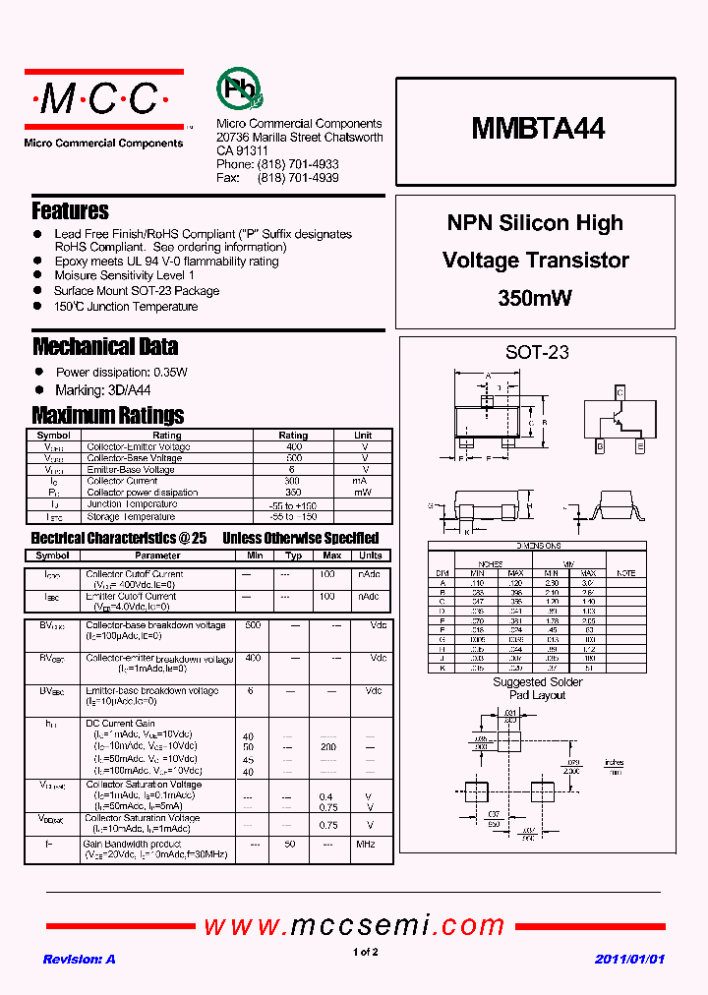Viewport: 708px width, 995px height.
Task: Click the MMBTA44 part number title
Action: [x=538, y=128]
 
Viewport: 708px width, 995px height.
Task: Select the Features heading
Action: [x=70, y=210]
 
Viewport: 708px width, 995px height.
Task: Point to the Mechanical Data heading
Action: [x=105, y=346]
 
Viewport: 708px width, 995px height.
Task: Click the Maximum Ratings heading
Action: [x=107, y=415]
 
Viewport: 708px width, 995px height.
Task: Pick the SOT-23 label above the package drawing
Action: [x=537, y=352]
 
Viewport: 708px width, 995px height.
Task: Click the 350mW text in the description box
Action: [x=535, y=298]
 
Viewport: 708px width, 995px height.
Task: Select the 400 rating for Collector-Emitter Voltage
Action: [x=293, y=446]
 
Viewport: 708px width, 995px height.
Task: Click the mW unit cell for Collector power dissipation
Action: [x=363, y=492]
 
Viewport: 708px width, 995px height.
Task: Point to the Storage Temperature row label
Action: [x=131, y=516]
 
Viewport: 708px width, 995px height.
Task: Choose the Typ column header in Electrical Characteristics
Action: [x=293, y=556]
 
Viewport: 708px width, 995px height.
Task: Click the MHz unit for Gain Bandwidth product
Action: [x=366, y=844]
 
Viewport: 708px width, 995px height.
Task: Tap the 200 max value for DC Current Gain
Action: [x=328, y=747]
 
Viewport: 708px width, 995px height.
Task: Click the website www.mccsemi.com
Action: [x=354, y=925]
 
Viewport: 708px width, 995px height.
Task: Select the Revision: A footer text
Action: [x=79, y=959]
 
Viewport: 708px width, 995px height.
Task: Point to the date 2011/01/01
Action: [x=630, y=959]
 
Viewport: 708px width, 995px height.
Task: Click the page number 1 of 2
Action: [x=364, y=952]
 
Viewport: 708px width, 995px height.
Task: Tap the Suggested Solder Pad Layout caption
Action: [x=537, y=688]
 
